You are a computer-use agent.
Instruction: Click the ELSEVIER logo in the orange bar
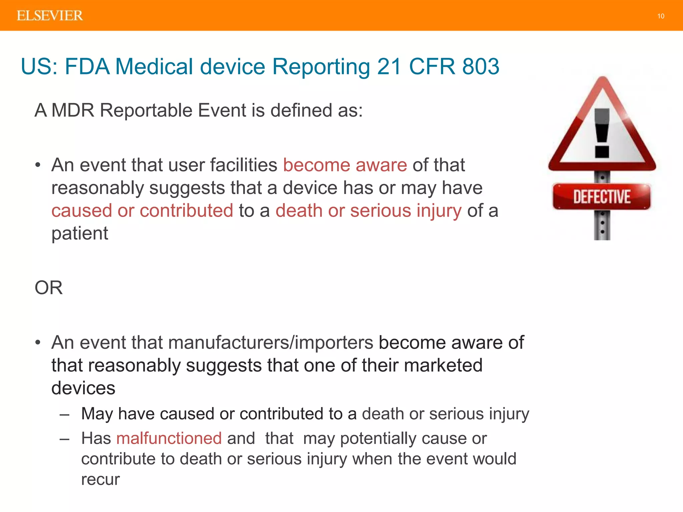(x=50, y=16)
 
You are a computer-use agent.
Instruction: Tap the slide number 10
(x=661, y=16)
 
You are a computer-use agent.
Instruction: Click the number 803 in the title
(x=481, y=66)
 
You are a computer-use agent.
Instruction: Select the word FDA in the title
(x=87, y=66)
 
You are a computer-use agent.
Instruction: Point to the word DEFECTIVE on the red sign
(x=602, y=196)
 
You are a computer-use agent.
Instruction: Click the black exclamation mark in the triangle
(x=602, y=133)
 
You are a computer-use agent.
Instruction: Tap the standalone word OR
(x=49, y=287)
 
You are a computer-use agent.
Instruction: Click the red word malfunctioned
(x=169, y=438)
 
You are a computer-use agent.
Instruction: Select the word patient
(x=80, y=233)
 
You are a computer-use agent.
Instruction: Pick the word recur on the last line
(x=100, y=479)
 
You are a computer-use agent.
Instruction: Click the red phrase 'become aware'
(x=345, y=165)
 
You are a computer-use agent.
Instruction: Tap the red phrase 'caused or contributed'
(x=142, y=211)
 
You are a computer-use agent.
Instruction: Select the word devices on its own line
(x=83, y=388)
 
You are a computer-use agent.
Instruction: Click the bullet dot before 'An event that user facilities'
(x=38, y=165)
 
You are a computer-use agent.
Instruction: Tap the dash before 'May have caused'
(x=65, y=414)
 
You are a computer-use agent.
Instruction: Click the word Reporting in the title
(x=321, y=66)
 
